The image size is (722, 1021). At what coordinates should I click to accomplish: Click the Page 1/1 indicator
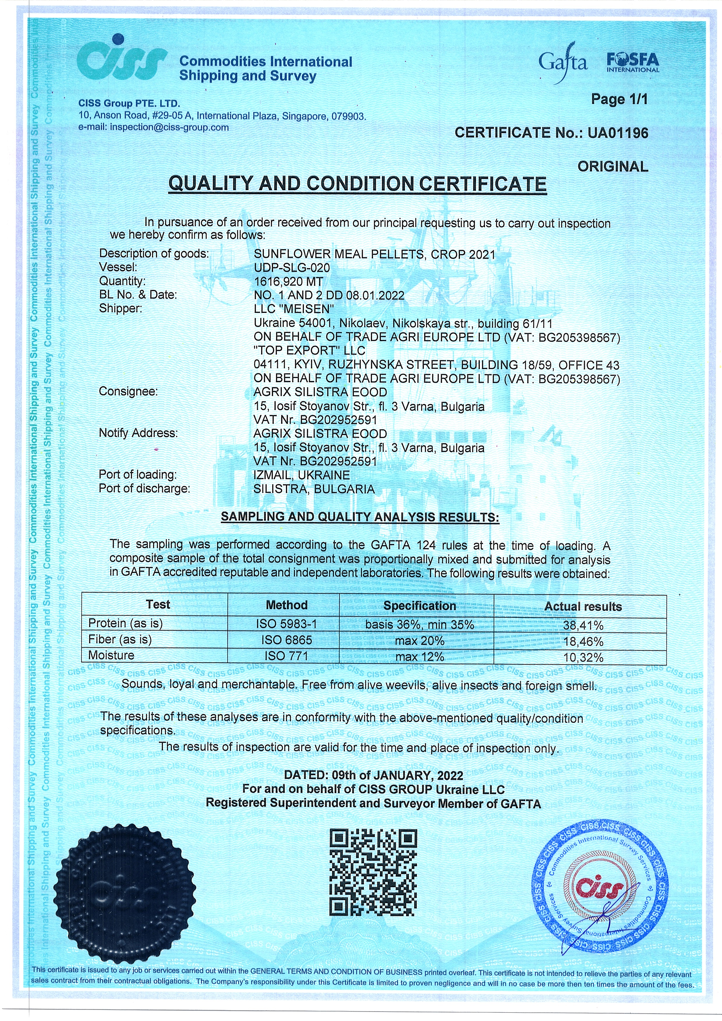click(619, 99)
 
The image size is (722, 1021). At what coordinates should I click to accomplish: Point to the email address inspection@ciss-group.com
click(169, 127)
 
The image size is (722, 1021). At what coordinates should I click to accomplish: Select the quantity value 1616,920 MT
click(288, 281)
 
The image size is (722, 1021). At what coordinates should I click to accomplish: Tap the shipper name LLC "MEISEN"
click(294, 309)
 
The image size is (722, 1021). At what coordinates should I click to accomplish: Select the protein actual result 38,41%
click(583, 625)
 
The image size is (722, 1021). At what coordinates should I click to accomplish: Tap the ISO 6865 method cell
click(286, 640)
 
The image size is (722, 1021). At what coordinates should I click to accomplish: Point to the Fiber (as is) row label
click(120, 639)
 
